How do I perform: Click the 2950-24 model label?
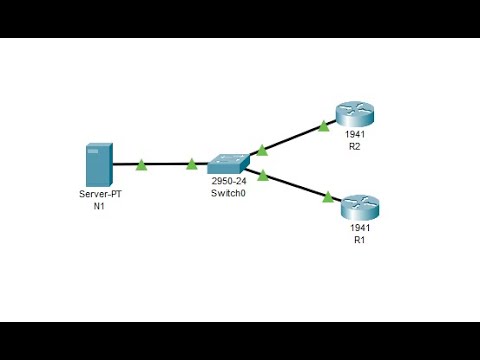(x=229, y=181)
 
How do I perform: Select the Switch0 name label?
(x=229, y=193)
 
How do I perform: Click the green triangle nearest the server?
(x=142, y=163)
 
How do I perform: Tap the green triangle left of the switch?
(x=192, y=163)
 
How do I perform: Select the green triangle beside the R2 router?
(x=323, y=126)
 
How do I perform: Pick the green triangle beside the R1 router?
(x=327, y=197)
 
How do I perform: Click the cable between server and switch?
(x=167, y=164)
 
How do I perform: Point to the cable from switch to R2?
(x=293, y=138)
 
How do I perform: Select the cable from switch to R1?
(x=295, y=186)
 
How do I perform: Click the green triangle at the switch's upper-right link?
(x=262, y=150)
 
